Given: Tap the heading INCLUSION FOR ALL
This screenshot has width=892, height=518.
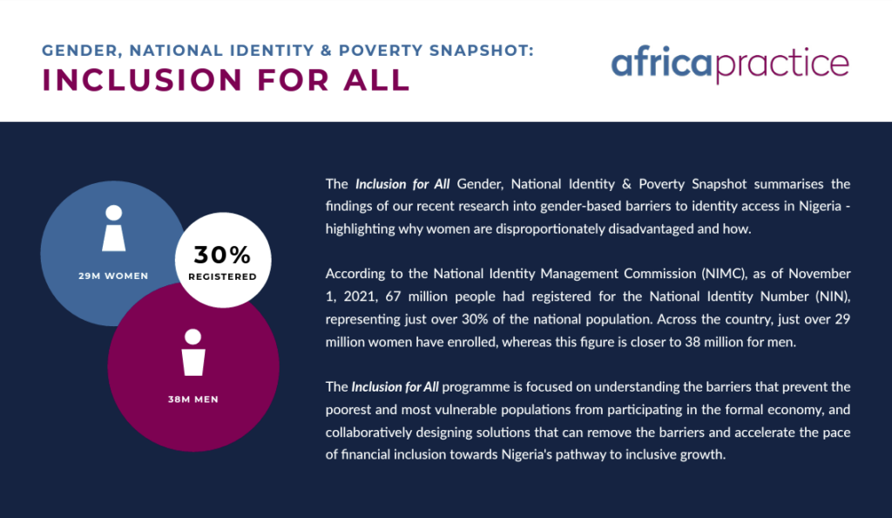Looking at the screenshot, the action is pos(226,79).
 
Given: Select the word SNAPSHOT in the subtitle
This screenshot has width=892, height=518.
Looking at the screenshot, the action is pos(481,51).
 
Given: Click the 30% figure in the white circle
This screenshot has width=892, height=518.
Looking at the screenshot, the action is pos(222,255).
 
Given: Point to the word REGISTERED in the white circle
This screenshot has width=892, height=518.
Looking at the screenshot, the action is pos(222,276).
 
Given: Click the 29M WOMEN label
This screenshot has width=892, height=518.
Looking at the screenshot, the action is pos(113,276).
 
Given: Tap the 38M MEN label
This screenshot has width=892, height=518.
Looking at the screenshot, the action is pos(193,399).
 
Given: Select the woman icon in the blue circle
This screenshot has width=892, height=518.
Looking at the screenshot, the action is pos(114,228).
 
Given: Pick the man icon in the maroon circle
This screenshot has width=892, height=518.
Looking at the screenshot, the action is pos(193,352).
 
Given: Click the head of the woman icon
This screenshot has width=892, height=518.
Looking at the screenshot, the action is pos(114,212).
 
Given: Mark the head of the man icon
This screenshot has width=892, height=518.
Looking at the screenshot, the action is pos(193,337).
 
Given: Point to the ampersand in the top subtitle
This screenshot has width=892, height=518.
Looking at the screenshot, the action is pos(326,51).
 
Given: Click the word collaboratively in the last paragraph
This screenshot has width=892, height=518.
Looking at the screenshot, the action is pos(368,432).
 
